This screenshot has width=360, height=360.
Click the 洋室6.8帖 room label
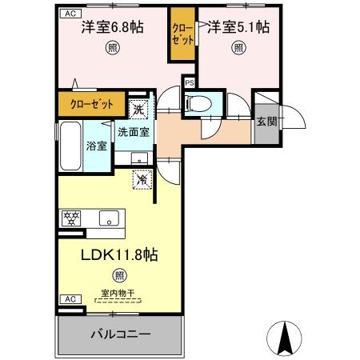tap(113, 27)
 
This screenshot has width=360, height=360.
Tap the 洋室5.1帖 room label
tap(238, 27)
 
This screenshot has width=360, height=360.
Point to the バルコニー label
tap(119, 334)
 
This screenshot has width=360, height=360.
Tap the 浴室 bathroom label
tap(95, 146)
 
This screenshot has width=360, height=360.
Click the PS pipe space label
tap(190, 82)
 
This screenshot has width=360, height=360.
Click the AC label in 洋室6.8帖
tap(69, 14)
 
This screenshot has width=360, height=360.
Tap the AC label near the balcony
tap(69, 298)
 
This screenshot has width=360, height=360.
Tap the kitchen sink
tap(109, 216)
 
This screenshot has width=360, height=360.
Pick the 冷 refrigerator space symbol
tap(141, 182)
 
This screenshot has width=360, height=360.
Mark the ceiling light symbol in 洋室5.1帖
tap(238, 47)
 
